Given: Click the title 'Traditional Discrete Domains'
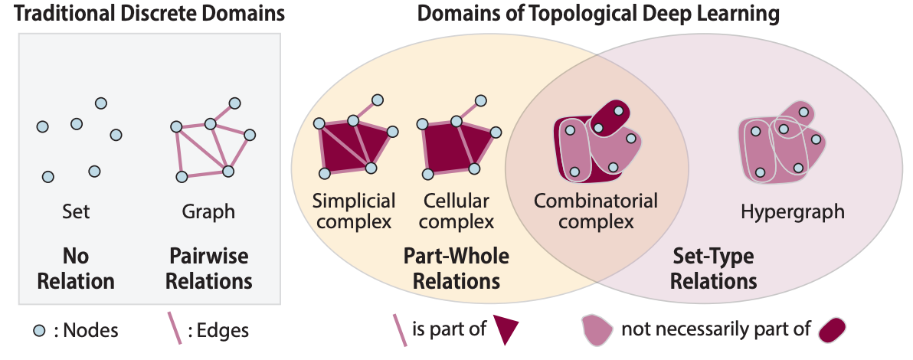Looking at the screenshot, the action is (149, 13).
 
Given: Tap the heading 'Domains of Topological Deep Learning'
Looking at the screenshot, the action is (598, 13).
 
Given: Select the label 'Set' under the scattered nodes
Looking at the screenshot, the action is (77, 211).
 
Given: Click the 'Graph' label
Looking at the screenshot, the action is (208, 211).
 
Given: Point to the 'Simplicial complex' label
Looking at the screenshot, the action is (353, 211).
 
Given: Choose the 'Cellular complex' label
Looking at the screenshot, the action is (456, 211).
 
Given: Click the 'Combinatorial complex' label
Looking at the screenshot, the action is (596, 211).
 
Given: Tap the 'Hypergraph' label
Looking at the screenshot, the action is (793, 211).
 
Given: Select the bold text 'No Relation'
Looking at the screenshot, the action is (76, 269).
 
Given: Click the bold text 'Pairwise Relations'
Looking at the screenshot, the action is (209, 269).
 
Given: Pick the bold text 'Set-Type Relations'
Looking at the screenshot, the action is (713, 269).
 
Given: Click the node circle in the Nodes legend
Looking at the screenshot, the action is (39, 331).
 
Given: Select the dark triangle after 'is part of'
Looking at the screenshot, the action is (506, 329).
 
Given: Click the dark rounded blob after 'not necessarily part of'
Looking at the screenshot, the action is (832, 330).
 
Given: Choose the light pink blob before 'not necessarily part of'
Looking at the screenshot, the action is (597, 330).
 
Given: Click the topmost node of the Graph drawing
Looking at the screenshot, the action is (234, 103).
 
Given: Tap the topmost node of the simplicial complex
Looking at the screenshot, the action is (378, 100).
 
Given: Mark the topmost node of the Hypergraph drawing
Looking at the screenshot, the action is (803, 112).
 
